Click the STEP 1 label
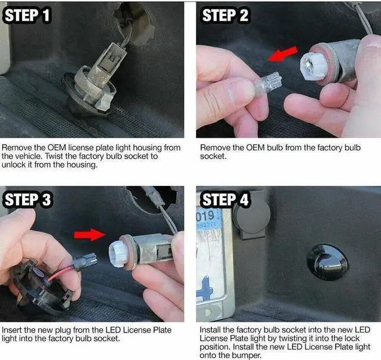click(27, 15)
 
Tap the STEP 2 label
click(225, 15)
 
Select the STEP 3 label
click(27, 200)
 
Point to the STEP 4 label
click(225, 200)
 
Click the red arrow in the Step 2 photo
click(283, 54)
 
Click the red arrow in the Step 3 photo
click(90, 235)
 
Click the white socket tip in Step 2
click(314, 66)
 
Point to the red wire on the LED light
click(61, 272)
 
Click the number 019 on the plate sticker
click(205, 216)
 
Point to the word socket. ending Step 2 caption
click(213, 156)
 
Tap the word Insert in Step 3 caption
click(12, 330)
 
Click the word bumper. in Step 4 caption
click(246, 355)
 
